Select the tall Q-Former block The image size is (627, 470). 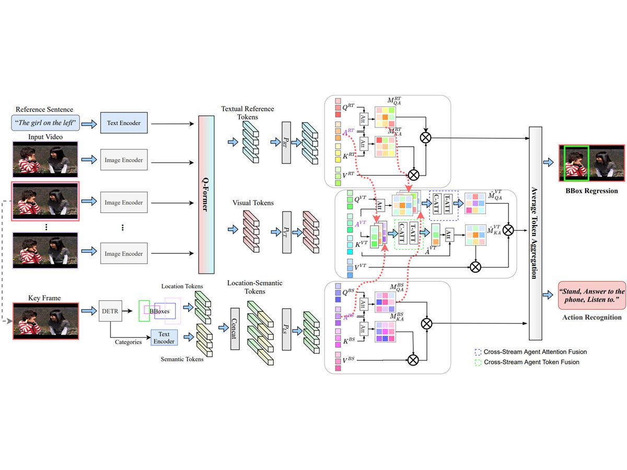coord(206,195)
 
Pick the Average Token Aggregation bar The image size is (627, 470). coord(535,233)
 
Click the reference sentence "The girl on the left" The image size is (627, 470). coord(44,123)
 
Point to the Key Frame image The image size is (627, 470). coord(45,321)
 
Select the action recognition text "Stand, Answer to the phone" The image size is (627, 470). coord(591,296)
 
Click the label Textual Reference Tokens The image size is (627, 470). coord(248,112)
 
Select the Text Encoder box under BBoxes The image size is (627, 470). coord(164,337)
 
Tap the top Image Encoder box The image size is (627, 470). coord(123,160)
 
